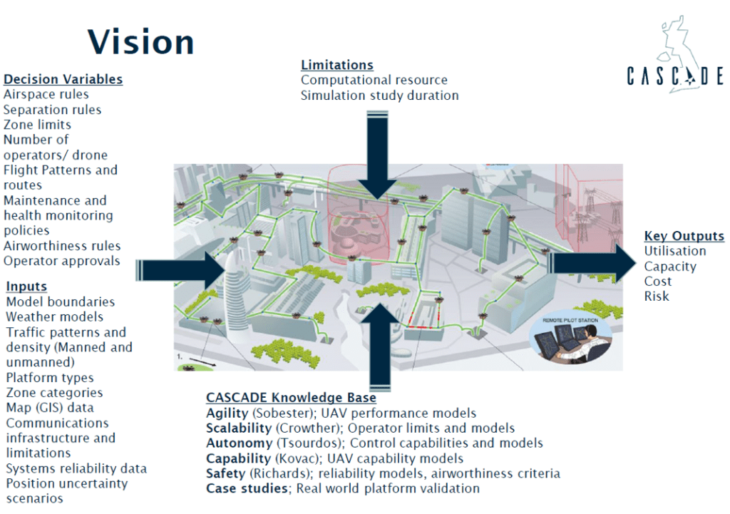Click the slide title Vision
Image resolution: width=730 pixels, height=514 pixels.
pyautogui.click(x=140, y=41)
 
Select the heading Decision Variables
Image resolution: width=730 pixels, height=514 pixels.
pyautogui.click(x=63, y=79)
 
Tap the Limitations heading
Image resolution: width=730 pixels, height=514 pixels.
pyautogui.click(x=337, y=65)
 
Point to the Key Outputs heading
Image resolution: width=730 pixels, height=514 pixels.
pyautogui.click(x=684, y=236)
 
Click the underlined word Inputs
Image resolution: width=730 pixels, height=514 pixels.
pyautogui.click(x=26, y=286)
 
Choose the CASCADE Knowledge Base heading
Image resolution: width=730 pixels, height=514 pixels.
pyautogui.click(x=291, y=398)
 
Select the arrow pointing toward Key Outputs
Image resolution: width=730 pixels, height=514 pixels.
pyautogui.click(x=592, y=263)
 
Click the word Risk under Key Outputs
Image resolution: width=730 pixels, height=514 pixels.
pyautogui.click(x=657, y=296)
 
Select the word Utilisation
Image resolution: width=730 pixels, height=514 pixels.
pyautogui.click(x=674, y=251)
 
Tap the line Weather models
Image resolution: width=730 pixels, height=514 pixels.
pyautogui.click(x=54, y=317)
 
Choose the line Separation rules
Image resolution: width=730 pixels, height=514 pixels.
pyautogui.click(x=52, y=110)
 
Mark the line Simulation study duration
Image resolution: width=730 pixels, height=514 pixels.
pyautogui.click(x=379, y=96)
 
